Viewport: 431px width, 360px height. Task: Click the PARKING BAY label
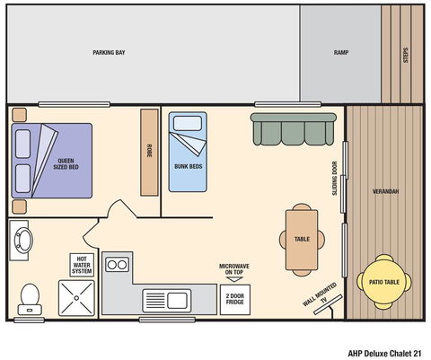pos(109,53)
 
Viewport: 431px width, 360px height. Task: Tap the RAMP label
pos(340,53)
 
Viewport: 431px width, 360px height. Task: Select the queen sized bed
pos(52,160)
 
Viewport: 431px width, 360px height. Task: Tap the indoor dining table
pos(302,239)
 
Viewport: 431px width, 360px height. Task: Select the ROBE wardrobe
pos(149,152)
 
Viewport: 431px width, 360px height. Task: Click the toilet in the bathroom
pos(30,295)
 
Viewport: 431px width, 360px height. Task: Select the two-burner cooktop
pos(118,265)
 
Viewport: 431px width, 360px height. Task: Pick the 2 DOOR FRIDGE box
pos(233,298)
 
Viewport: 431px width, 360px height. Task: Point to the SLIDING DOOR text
pos(335,178)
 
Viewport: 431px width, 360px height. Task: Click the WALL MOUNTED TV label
pos(320,295)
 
